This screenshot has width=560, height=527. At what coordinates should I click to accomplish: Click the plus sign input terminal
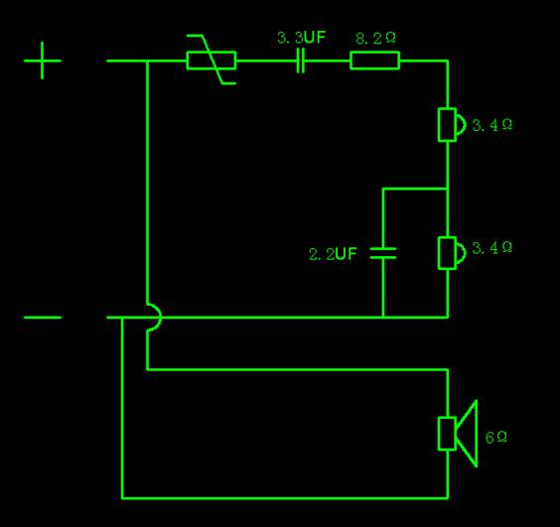(x=42, y=61)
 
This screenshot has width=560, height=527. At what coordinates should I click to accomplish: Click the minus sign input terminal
(x=42, y=317)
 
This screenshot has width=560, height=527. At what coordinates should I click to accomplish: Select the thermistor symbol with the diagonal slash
(x=211, y=60)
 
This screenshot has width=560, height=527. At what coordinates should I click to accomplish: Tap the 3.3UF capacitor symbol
(x=301, y=61)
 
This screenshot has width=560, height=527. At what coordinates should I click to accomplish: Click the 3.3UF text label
(x=302, y=38)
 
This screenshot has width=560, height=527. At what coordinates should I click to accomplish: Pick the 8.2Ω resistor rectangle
(x=374, y=61)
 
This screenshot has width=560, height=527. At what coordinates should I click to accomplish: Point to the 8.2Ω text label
(x=375, y=38)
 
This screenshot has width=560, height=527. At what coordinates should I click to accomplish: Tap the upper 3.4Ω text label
(x=491, y=125)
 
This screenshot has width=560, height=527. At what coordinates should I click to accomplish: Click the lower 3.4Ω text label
(x=491, y=247)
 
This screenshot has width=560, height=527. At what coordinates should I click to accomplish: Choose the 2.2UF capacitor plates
(x=383, y=253)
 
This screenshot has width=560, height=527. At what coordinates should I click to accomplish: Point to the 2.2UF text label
(x=333, y=254)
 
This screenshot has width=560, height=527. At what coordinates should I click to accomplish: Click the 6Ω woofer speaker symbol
(x=458, y=433)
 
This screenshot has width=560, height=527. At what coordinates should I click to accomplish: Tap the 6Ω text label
(x=496, y=437)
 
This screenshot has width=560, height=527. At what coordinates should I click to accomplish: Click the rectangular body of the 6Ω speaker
(x=447, y=433)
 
